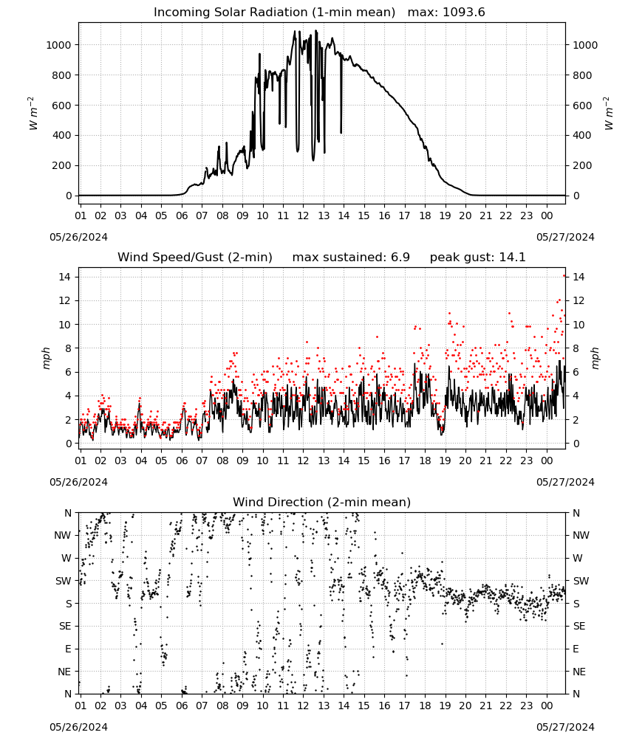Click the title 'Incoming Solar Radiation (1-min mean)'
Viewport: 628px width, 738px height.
[x=274, y=13]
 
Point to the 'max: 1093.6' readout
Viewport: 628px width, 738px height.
[x=446, y=13]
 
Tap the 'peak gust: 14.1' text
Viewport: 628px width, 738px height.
[x=477, y=257]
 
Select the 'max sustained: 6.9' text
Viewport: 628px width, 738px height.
[x=351, y=257]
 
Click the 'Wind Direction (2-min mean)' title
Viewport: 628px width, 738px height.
[x=322, y=502]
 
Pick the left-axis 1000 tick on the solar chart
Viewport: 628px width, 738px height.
[x=58, y=45]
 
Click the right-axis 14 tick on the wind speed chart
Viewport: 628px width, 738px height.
[x=578, y=277]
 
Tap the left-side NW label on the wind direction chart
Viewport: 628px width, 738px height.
[x=63, y=536]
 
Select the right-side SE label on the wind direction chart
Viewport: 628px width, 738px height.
[x=579, y=627]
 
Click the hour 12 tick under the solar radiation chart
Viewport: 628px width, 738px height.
[x=303, y=215]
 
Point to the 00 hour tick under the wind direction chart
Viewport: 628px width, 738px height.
[x=547, y=706]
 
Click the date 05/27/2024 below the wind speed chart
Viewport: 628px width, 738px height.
[x=565, y=482]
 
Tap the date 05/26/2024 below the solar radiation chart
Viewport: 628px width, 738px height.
[x=78, y=237]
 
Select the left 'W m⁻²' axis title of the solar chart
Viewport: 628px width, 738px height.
[x=33, y=114]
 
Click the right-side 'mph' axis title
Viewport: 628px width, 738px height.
[x=595, y=358]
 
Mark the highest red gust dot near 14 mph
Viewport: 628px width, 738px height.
[x=564, y=276]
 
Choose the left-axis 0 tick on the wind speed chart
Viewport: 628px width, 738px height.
[x=69, y=444]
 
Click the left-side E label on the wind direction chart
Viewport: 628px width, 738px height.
[x=68, y=649]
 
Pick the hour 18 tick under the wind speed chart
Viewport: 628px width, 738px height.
[x=425, y=461]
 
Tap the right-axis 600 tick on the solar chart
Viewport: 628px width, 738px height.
[x=582, y=106]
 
